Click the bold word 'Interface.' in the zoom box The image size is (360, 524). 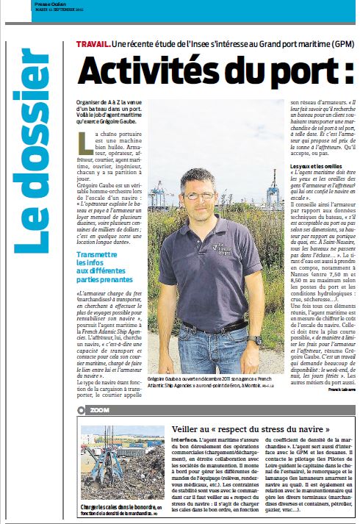(x=184, y=440)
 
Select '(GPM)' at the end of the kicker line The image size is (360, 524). (x=334, y=46)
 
